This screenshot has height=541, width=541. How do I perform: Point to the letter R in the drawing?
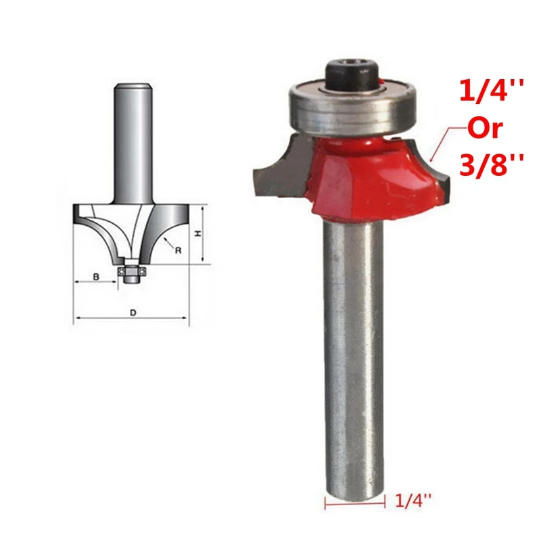click(x=179, y=250)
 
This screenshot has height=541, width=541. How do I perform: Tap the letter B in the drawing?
click(x=97, y=277)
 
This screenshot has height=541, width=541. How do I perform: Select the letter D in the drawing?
click(x=133, y=312)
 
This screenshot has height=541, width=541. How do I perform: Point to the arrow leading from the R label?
click(x=167, y=243)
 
